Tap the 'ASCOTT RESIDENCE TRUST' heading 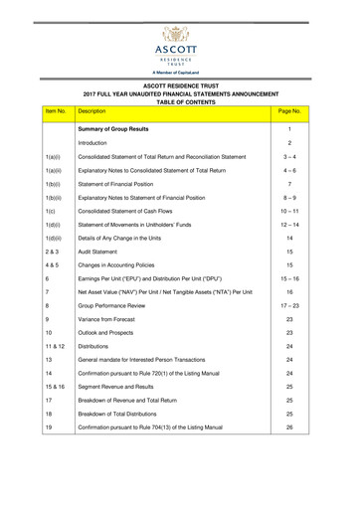pyautogui.click(x=180, y=85)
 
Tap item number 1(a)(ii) pyautogui.click(x=26, y=194)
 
